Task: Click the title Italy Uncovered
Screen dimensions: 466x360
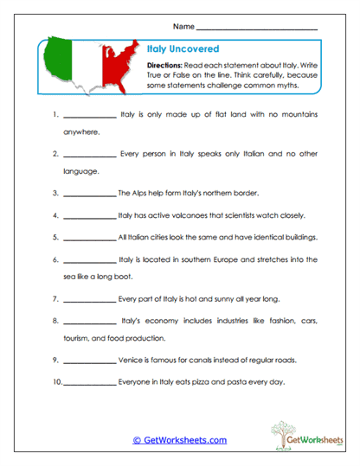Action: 171,50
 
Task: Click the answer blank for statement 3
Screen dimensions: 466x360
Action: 90,194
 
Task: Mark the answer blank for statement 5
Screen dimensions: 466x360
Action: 90,238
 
